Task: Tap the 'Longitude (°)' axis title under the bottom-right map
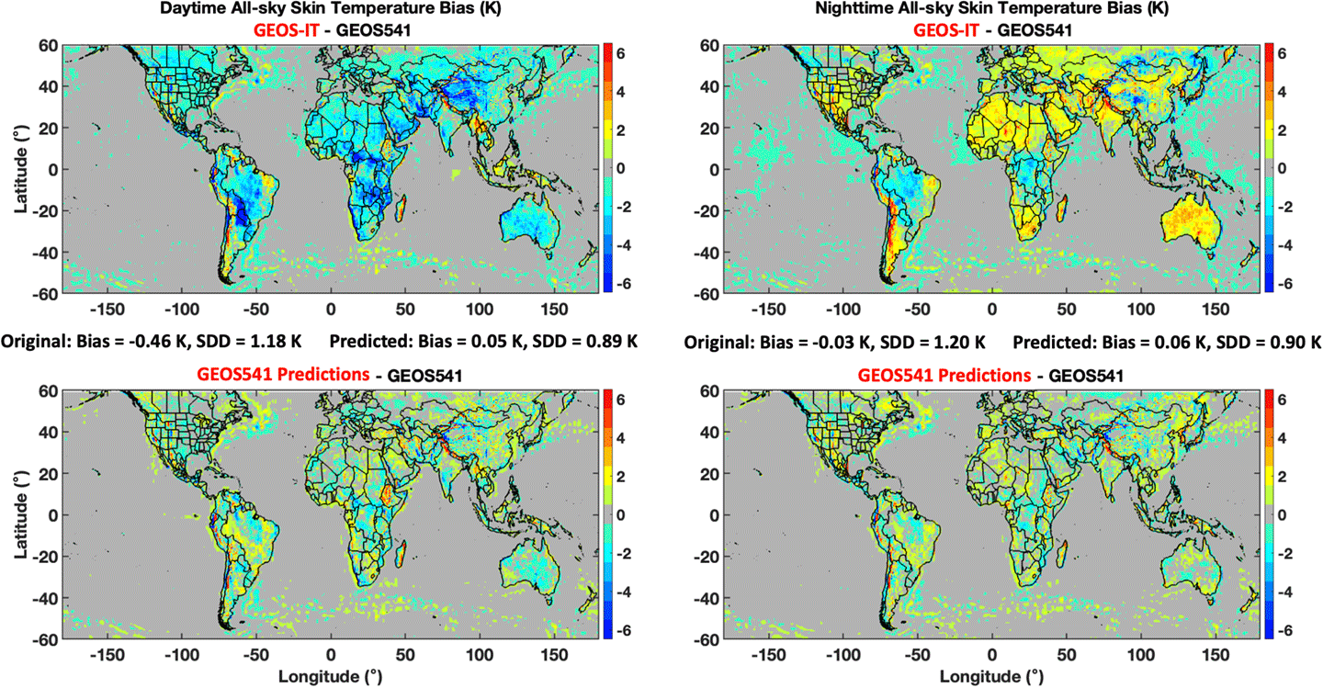(991, 676)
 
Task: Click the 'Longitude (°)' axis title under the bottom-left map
(331, 676)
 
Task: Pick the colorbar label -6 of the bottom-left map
(620, 630)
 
